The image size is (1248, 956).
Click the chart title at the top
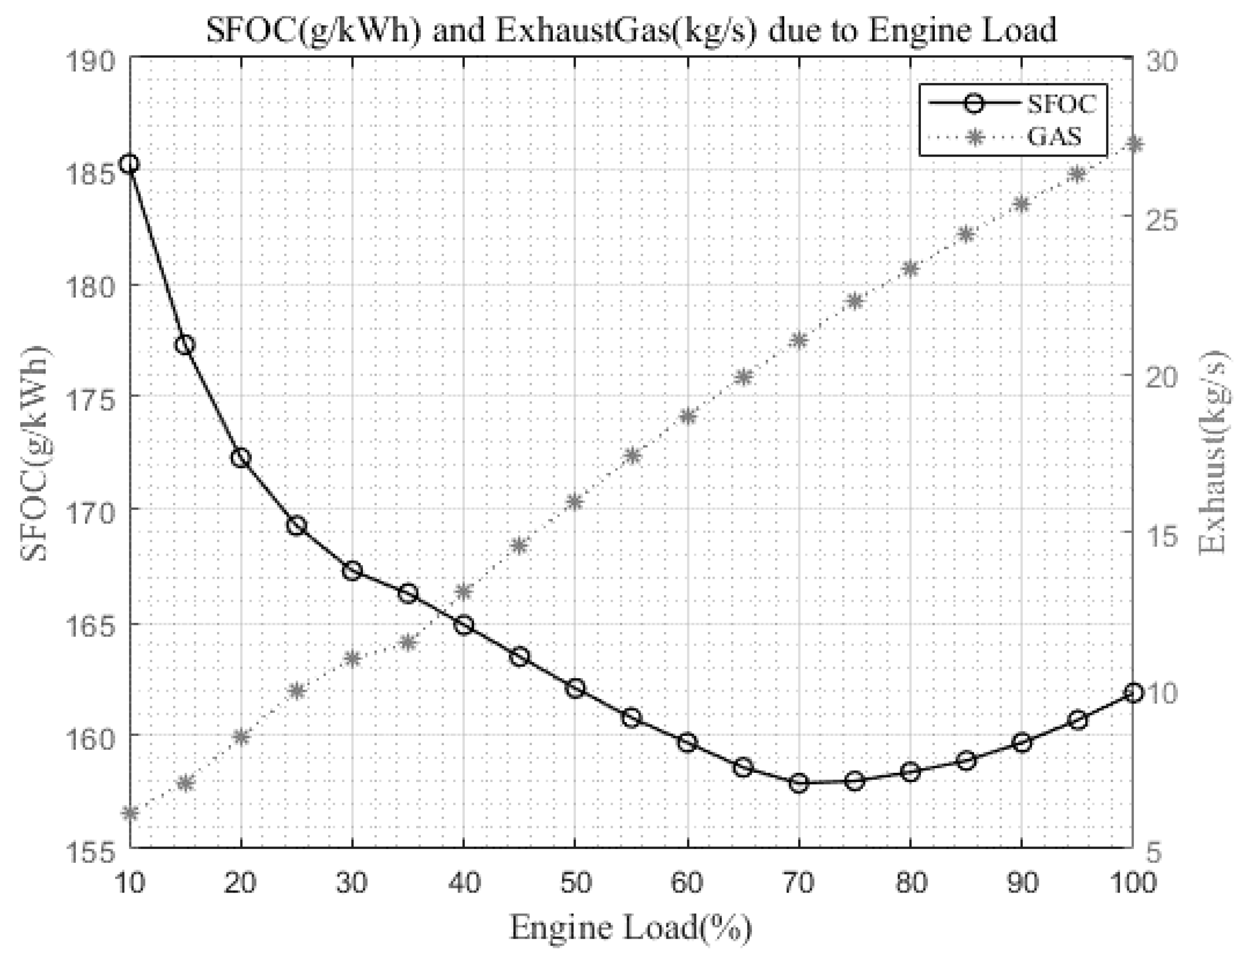631,30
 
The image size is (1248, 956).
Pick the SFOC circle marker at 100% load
1133,692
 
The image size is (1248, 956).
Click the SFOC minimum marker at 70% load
799,783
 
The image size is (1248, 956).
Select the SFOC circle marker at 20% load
241,458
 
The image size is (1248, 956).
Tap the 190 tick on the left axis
91,61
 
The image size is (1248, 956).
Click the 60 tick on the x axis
687,881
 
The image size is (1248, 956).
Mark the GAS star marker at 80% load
911,269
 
